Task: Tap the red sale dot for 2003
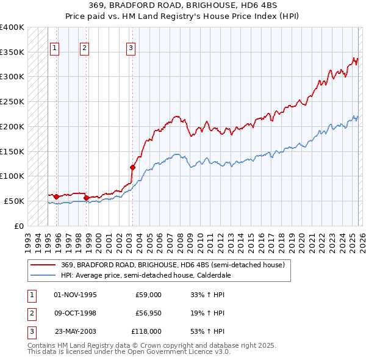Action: (132, 167)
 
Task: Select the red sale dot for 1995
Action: (56, 196)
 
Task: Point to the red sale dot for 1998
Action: (86, 198)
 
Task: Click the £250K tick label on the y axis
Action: (12, 101)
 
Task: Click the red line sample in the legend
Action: (43, 265)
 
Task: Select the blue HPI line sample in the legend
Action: (43, 275)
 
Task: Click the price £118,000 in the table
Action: (147, 331)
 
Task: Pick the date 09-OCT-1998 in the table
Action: (76, 313)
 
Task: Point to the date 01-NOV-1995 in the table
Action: (76, 295)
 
